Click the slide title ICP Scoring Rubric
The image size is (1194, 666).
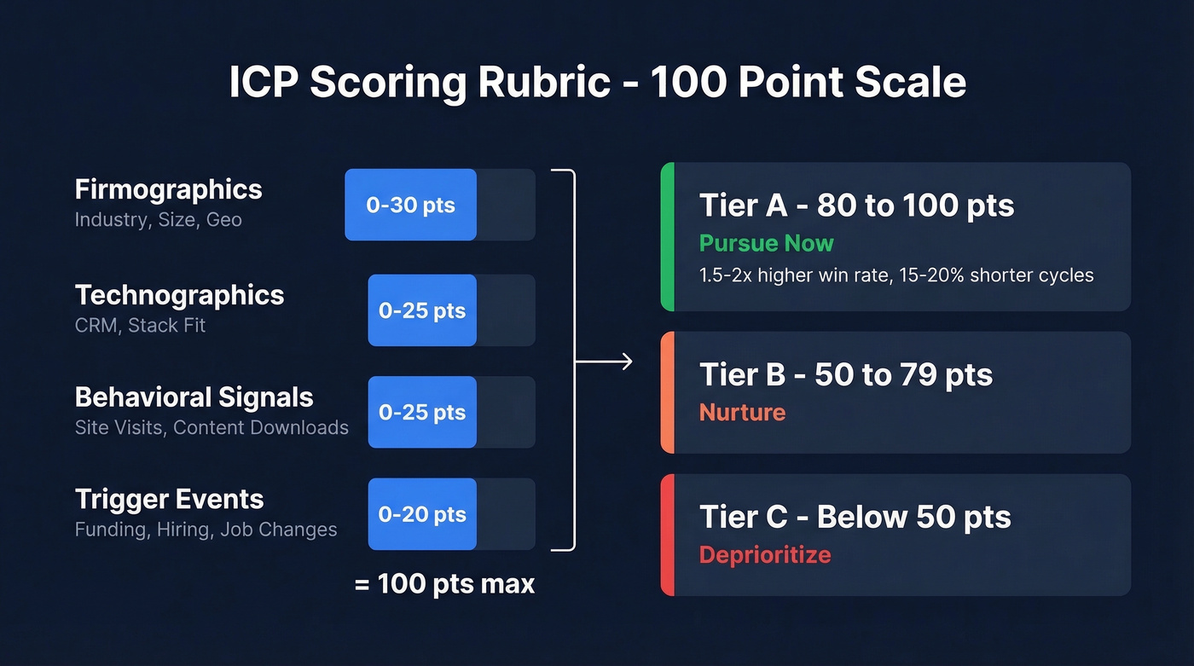click(597, 83)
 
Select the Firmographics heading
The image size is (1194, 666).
click(168, 189)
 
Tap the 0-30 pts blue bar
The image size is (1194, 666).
click(410, 205)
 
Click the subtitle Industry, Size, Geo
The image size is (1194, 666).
click(158, 220)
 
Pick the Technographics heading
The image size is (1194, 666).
click(179, 295)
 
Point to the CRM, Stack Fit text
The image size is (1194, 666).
click(140, 326)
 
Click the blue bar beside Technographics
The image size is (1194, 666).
click(422, 310)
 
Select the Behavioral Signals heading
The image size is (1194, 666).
click(194, 397)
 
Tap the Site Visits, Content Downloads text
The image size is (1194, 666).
click(212, 428)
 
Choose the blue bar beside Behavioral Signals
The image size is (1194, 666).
click(422, 413)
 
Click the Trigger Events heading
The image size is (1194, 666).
click(169, 500)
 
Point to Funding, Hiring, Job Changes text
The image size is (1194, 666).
click(206, 530)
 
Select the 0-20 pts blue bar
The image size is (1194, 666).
click(422, 514)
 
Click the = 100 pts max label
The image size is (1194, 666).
click(444, 584)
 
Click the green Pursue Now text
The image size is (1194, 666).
click(766, 244)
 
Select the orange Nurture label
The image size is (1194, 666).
click(742, 413)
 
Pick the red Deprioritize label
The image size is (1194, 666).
click(764, 555)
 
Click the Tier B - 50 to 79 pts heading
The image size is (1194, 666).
click(845, 375)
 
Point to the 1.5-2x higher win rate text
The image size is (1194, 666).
click(895, 275)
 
